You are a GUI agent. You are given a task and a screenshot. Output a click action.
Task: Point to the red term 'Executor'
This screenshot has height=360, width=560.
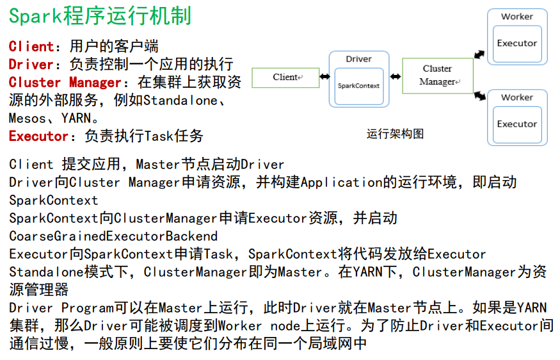39,136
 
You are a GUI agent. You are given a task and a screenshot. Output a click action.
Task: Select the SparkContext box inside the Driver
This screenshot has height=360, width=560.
358,86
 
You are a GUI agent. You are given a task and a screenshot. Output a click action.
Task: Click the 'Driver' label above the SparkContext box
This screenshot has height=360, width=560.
358,59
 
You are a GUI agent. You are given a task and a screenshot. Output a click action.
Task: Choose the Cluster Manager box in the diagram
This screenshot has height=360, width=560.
438,76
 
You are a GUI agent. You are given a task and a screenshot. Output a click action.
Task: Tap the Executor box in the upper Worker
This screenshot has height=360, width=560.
517,44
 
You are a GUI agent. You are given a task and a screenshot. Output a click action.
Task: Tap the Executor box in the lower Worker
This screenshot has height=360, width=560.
517,124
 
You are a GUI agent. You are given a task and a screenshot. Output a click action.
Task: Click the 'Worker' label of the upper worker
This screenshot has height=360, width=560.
517,17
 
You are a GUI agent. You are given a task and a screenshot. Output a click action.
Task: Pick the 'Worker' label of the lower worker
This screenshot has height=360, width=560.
517,97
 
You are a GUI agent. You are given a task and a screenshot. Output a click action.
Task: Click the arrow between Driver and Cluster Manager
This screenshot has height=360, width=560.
396,76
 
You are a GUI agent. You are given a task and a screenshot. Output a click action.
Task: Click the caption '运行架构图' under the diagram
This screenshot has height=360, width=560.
395,135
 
